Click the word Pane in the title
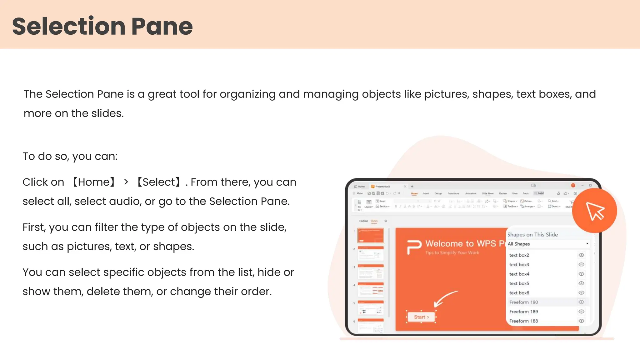click(162, 26)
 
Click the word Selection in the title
click(69, 26)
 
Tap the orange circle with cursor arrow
click(594, 211)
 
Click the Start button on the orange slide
click(421, 317)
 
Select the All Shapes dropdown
click(547, 244)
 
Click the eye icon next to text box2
click(581, 255)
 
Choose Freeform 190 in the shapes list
click(523, 302)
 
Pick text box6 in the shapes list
click(519, 293)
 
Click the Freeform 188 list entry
click(523, 321)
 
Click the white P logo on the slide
click(414, 247)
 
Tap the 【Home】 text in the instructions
click(94, 182)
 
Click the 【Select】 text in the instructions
click(159, 182)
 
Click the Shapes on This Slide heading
click(532, 235)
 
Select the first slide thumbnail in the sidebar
click(371, 235)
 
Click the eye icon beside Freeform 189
click(581, 312)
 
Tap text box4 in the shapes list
click(519, 274)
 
